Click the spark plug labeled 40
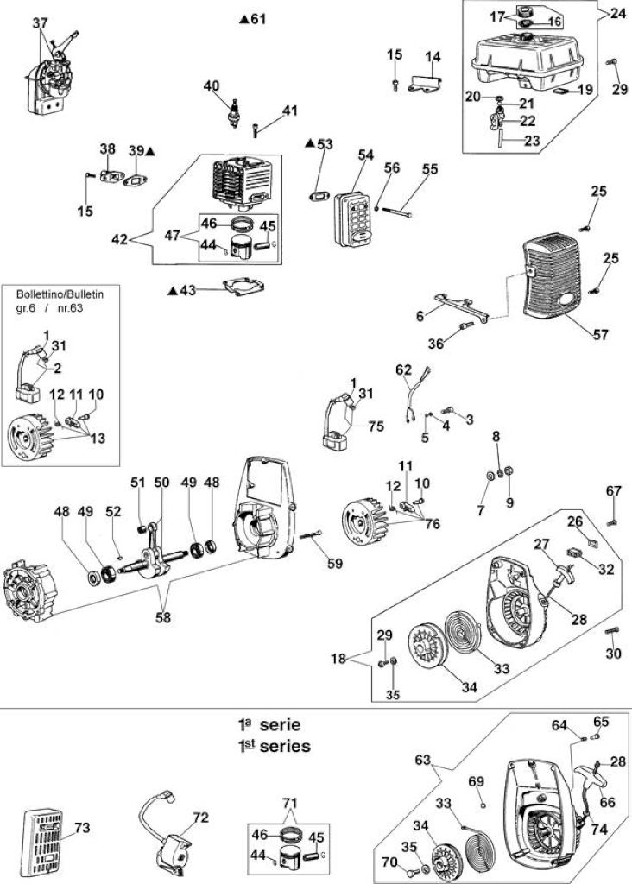point(233,113)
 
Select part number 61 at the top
point(257,19)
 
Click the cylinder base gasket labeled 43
point(243,287)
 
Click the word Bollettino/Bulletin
point(60,294)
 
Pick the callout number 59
point(335,563)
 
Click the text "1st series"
point(274,746)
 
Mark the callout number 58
point(163,617)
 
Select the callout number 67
point(614,491)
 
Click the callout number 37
point(40,23)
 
